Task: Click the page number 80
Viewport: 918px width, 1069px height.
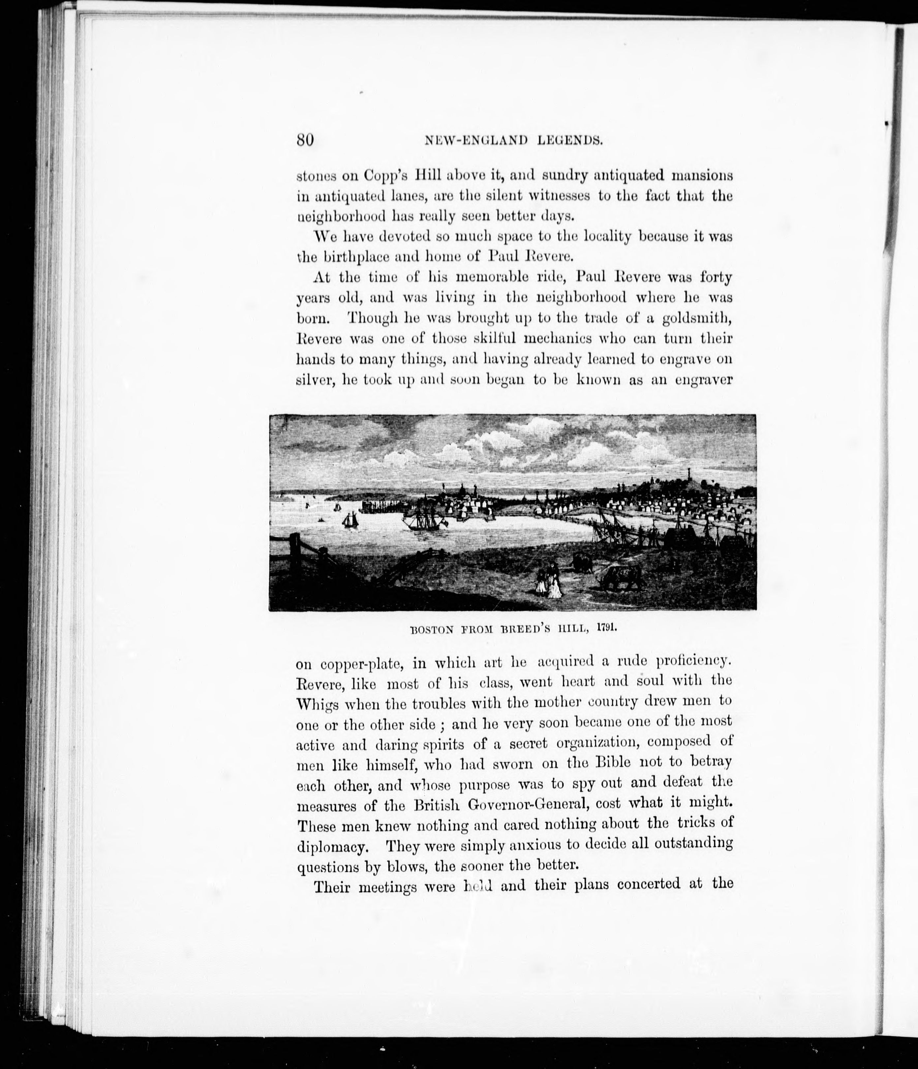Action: pos(305,140)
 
